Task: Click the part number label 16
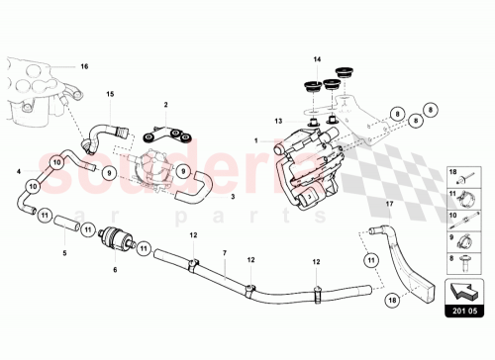84,66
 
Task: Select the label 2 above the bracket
166,104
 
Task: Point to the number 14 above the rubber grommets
318,60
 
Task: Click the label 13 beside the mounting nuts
280,120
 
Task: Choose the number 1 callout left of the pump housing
254,141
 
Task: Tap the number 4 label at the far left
18,172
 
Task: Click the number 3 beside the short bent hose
233,198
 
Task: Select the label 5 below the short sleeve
65,252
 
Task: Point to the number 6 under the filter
115,268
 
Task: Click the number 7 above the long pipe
225,252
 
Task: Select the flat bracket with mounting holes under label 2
164,134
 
